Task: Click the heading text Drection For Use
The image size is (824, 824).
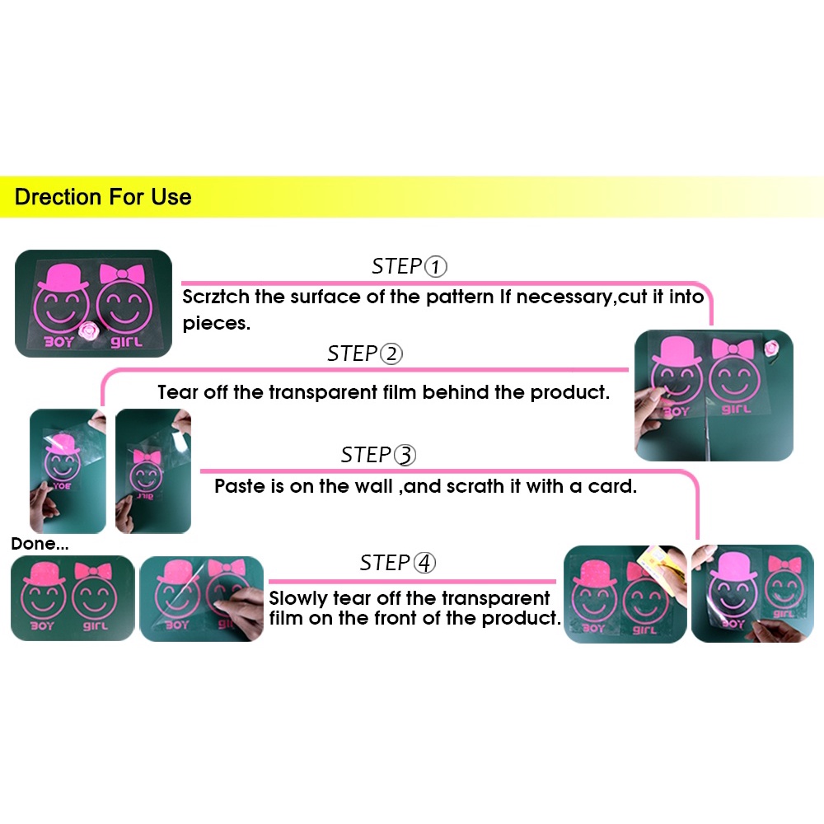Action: (103, 197)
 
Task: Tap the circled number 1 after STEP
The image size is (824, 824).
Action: (435, 266)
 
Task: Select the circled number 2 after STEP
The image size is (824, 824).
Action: (391, 353)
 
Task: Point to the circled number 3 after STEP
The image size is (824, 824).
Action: (405, 455)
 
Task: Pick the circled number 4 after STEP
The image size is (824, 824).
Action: (424, 563)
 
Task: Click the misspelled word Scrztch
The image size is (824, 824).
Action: (215, 297)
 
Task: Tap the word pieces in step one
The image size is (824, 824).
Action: (216, 324)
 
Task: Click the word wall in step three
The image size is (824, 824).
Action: (373, 486)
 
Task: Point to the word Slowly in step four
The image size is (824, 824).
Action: (298, 598)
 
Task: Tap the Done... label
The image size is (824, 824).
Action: (40, 544)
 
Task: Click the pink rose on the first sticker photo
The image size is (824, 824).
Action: (88, 330)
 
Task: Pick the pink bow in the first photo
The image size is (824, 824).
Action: (122, 274)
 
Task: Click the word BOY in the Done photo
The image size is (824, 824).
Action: (41, 626)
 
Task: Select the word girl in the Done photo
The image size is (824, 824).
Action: (95, 626)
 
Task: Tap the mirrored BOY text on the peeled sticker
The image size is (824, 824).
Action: (62, 486)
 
